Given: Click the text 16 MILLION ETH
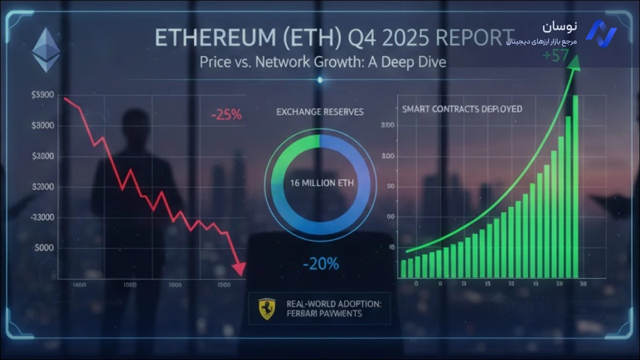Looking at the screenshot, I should [319, 183].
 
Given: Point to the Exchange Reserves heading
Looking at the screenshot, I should [320, 112].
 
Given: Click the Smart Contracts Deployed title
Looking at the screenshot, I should [462, 109].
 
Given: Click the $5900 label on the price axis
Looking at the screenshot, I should [44, 95].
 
